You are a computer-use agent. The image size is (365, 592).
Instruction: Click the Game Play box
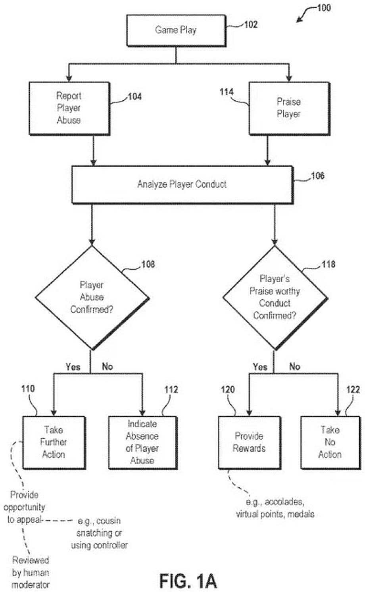point(176,31)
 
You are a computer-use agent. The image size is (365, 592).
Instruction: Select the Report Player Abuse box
point(69,108)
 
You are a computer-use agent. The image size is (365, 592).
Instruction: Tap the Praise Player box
point(289,108)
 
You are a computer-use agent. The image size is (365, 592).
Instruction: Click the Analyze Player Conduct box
point(182,184)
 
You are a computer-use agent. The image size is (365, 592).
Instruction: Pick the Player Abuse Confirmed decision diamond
point(92,298)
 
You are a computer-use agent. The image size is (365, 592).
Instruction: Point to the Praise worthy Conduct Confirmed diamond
point(275,298)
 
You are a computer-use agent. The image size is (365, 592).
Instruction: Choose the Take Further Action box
point(54,442)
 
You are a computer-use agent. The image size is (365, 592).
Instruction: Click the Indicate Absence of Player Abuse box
point(142,442)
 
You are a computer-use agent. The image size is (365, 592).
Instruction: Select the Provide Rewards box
point(249,442)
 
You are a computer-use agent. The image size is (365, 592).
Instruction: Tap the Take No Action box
point(330,442)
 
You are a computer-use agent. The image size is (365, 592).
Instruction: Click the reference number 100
point(324,8)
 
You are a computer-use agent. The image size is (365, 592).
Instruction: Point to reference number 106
point(317,176)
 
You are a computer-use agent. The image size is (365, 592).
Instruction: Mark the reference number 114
point(227,92)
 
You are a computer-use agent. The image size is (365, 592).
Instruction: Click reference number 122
point(353,390)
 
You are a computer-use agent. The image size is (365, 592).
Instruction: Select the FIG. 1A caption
point(188,581)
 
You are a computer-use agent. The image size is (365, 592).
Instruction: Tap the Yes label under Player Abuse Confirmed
point(73,367)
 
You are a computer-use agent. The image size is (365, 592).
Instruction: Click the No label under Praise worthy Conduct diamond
point(295,367)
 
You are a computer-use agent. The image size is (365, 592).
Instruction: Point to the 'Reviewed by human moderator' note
point(31,572)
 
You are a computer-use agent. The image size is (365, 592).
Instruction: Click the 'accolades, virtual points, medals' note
point(275,508)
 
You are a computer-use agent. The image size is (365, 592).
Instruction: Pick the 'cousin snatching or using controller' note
point(99,533)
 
